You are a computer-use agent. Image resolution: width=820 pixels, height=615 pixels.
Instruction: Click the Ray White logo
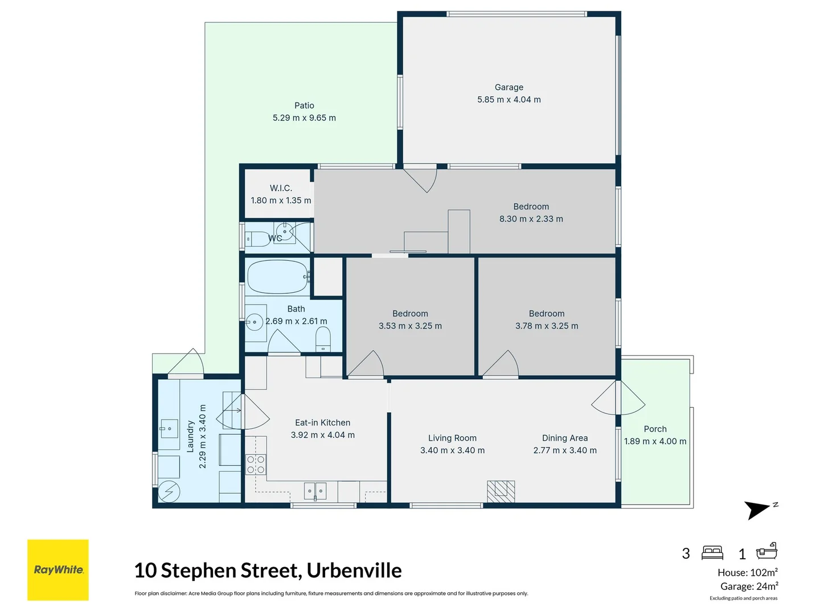coord(58,569)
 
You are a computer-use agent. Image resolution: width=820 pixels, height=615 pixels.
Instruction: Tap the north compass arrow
coord(758,510)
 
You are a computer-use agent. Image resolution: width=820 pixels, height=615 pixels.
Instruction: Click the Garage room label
coord(509,87)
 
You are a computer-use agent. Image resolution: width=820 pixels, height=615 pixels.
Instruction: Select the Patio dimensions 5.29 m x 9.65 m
coord(304,118)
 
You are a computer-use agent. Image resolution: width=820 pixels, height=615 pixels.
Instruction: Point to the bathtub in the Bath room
coord(277,277)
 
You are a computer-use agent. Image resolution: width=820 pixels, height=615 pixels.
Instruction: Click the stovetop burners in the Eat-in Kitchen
coord(256,464)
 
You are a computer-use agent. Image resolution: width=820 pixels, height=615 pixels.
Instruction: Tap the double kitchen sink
coord(315,490)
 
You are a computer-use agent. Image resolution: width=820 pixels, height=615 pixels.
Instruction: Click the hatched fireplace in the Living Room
coord(501,491)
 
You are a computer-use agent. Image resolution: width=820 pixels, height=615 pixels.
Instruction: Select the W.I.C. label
coord(281,188)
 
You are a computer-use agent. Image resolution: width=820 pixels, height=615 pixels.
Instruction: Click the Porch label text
coord(655,429)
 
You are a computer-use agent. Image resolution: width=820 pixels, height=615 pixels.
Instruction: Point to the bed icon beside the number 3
coord(712,552)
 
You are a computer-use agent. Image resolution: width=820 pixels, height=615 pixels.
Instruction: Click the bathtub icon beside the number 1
coord(766,551)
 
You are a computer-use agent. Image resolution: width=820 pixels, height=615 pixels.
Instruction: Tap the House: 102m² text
coord(747,572)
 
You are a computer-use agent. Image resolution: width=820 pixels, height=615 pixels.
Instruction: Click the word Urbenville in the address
coord(354,570)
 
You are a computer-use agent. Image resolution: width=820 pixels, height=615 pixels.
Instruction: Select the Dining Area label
coord(564,438)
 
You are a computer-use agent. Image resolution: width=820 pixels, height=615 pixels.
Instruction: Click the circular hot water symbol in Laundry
coord(169,491)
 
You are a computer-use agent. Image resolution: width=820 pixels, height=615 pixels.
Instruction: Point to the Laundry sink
coord(169,428)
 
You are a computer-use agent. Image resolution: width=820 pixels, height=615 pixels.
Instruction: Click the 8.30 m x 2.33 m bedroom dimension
coord(531,219)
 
